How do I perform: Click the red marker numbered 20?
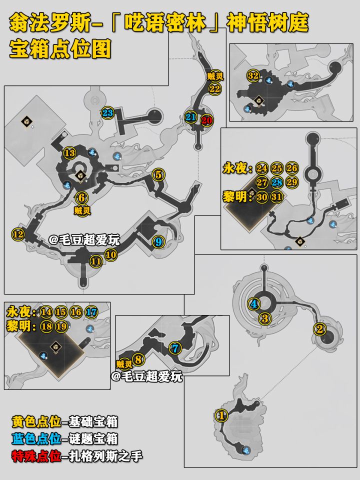pos(206,120)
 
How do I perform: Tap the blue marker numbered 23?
pos(108,113)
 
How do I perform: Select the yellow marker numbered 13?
pos(70,153)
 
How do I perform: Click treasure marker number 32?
pos(253,75)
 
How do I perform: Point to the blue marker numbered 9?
pos(158,242)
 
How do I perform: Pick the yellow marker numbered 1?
pos(221,415)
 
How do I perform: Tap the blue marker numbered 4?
pos(254,304)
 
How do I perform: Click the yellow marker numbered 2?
pos(320,329)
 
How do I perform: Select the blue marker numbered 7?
pos(175,348)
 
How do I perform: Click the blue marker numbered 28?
pos(276,183)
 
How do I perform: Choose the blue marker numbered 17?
pos(91,312)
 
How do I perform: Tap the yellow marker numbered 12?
pos(18,234)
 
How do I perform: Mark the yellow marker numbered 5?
pos(158,175)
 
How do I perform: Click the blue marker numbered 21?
pos(190,117)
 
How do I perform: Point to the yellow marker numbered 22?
pos(214,89)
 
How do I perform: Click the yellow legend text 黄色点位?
pos(36,421)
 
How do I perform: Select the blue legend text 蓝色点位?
pos(36,439)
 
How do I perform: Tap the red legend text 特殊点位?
pos(36,456)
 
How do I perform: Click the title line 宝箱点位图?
pos(60,49)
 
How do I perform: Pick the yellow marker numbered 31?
pos(276,197)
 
